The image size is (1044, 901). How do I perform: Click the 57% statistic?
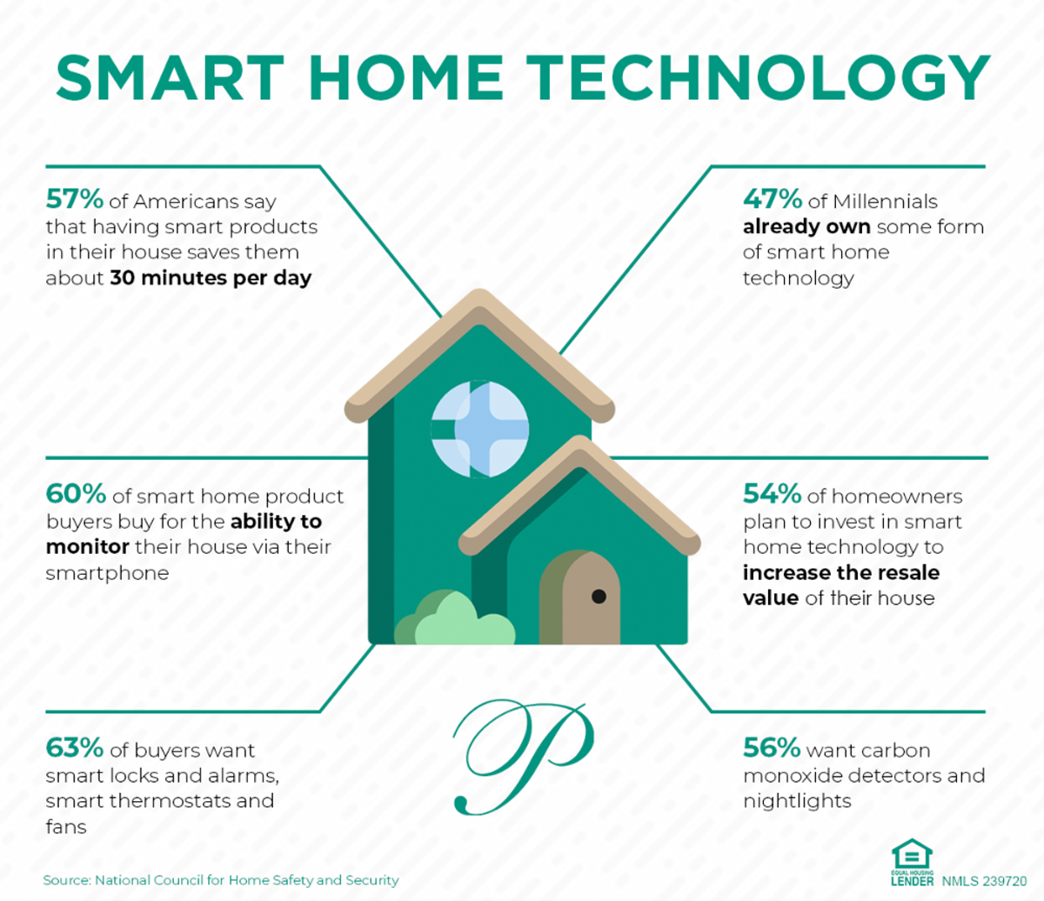click(75, 199)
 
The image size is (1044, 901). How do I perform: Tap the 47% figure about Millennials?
click(773, 199)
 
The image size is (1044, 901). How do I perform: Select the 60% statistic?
click(76, 494)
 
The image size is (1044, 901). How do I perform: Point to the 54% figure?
click(772, 494)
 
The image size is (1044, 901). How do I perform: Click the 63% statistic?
click(75, 748)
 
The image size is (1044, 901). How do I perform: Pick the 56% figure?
click(772, 748)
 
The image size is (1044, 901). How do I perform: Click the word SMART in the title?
click(171, 78)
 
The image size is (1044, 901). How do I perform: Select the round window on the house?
click(480, 429)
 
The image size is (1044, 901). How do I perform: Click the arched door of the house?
click(580, 598)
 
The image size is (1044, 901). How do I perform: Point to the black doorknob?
click(599, 597)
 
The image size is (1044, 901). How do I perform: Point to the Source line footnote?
click(221, 880)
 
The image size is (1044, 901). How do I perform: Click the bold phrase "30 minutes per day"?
click(211, 279)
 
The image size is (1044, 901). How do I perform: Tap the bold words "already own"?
click(806, 227)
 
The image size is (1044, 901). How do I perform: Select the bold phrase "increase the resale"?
click(840, 573)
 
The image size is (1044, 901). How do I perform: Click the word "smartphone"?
click(107, 573)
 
